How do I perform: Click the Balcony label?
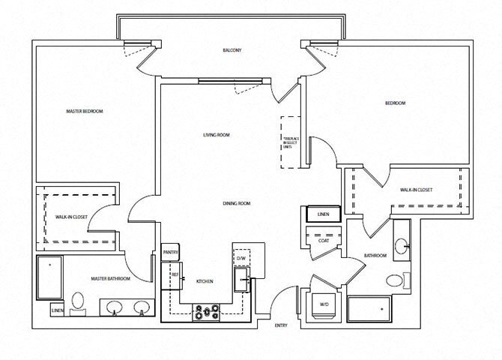click(x=231, y=49)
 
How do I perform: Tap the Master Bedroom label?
click(x=85, y=111)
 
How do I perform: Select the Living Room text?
click(x=216, y=135)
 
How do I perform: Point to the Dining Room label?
click(x=235, y=203)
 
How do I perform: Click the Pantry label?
click(x=170, y=253)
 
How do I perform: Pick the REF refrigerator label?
click(x=175, y=275)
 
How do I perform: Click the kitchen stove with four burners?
click(x=205, y=310)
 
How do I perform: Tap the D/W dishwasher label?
click(x=241, y=259)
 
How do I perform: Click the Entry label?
click(x=281, y=325)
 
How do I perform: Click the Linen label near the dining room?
click(x=323, y=215)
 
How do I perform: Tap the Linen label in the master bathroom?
click(x=57, y=309)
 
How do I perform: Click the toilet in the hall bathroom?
click(x=394, y=282)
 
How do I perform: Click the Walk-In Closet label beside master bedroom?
click(x=71, y=217)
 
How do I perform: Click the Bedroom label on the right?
click(x=395, y=103)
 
